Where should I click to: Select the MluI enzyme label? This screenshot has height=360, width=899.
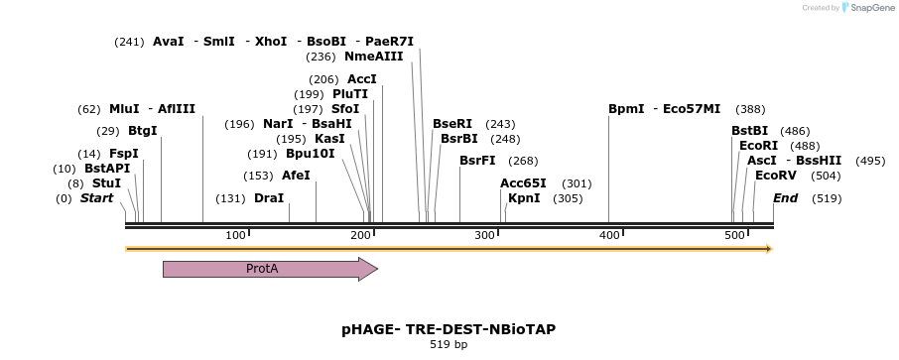pos(124,109)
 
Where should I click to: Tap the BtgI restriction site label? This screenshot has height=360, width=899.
pos(142,131)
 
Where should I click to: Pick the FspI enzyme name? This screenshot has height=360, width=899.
pos(123,154)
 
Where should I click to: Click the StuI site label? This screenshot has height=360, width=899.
pos(106,183)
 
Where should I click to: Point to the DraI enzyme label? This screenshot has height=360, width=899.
pos(269,198)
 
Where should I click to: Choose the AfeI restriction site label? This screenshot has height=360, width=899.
pos(296,176)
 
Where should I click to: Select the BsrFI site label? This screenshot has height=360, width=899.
pos(477,161)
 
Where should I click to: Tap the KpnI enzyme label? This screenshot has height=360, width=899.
pos(524,198)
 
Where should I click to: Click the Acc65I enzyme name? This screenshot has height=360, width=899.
pos(523,183)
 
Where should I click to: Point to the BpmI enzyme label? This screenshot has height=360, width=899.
pos(626,109)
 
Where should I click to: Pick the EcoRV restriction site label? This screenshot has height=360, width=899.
pos(776,176)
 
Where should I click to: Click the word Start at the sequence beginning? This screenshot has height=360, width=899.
pos(96,198)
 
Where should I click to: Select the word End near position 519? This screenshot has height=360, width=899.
pos(785,198)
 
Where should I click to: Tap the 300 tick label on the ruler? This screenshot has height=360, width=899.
pos(485,235)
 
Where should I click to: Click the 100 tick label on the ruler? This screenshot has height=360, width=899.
pos(235,235)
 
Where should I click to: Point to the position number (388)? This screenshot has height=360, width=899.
pos(751,109)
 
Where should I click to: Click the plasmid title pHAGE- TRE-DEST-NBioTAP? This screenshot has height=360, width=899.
pos(449,328)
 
